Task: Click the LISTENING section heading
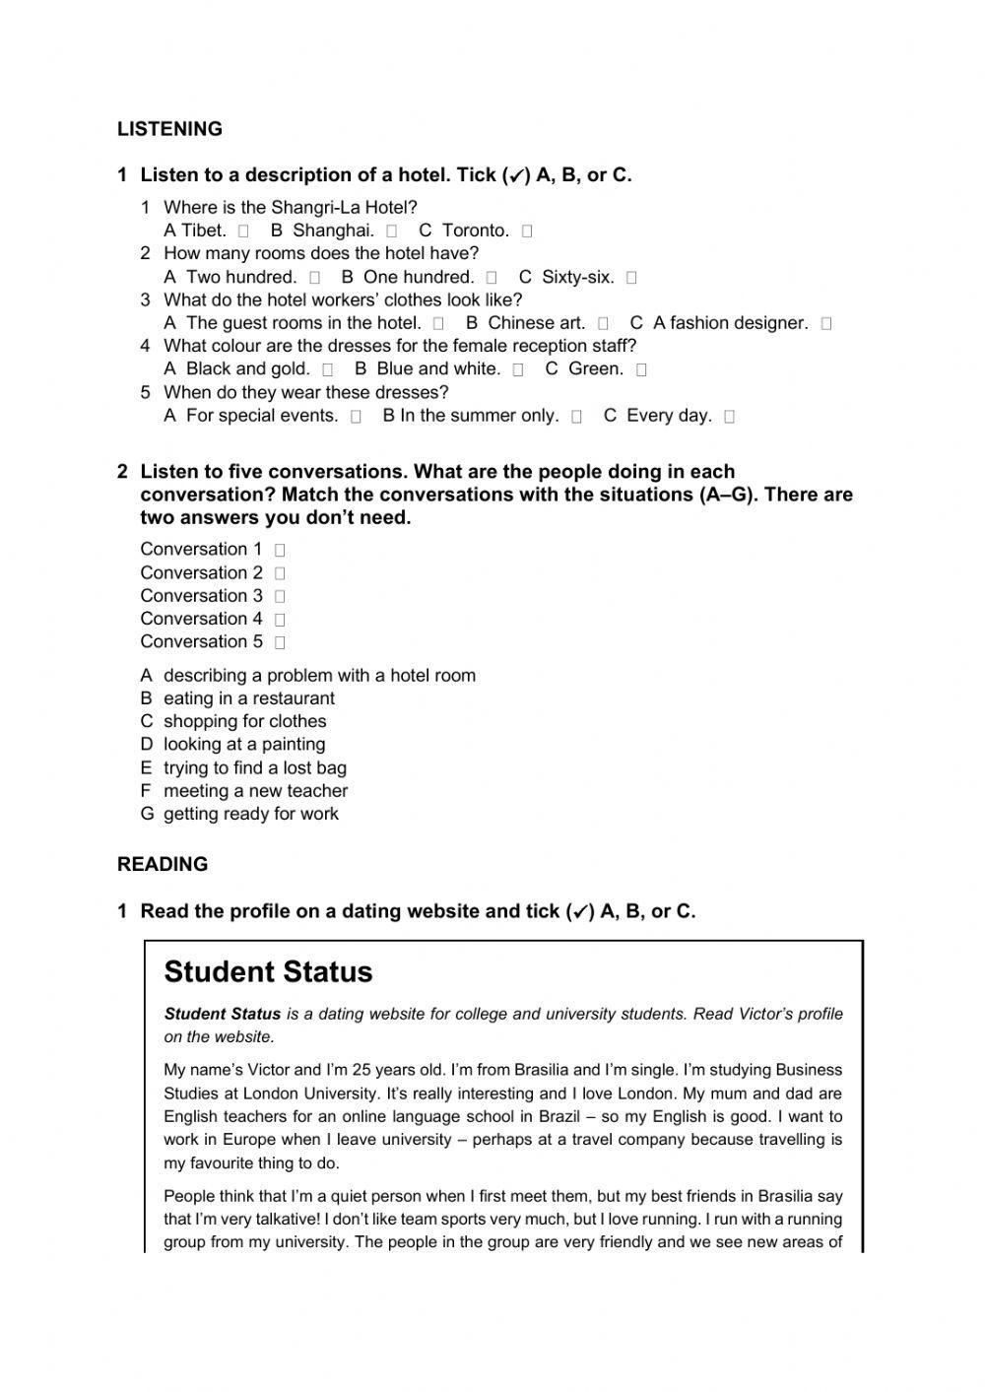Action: (x=169, y=129)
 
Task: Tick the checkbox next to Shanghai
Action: (x=392, y=232)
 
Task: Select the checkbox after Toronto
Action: (x=527, y=232)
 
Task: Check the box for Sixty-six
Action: (x=631, y=278)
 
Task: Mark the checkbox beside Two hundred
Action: (x=314, y=278)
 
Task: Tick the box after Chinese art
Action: (x=603, y=323)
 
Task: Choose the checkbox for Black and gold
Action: (x=328, y=369)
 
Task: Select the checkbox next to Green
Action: (x=641, y=369)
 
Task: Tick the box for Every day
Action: (x=729, y=416)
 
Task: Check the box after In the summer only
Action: (x=576, y=416)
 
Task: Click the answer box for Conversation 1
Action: (x=280, y=551)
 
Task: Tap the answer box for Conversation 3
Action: (x=280, y=596)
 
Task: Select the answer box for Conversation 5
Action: (x=280, y=642)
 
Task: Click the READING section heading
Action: (x=163, y=864)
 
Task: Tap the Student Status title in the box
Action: (x=268, y=971)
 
